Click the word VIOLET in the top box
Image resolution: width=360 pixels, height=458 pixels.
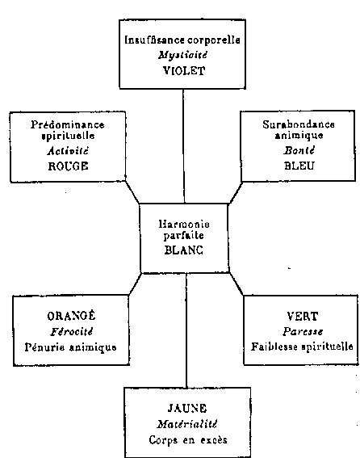(x=184, y=71)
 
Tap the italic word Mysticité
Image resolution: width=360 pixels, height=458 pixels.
(x=182, y=55)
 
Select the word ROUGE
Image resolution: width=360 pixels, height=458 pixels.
(x=68, y=166)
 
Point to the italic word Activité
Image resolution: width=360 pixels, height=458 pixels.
(x=68, y=151)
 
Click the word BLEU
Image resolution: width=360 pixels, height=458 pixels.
(x=299, y=166)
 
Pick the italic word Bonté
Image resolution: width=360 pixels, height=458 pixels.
(x=299, y=150)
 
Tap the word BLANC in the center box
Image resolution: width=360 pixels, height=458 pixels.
(x=184, y=250)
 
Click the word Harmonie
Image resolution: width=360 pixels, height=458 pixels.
(x=184, y=224)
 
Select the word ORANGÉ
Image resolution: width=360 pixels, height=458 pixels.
(x=71, y=316)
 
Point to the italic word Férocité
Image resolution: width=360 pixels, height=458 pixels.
(x=72, y=332)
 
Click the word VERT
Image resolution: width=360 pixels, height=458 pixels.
(x=302, y=317)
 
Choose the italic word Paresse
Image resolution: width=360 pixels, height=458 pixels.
(x=303, y=332)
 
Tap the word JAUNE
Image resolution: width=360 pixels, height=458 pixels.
(x=187, y=408)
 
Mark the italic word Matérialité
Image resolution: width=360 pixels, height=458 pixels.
(x=187, y=424)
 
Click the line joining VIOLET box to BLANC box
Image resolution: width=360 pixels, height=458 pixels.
(x=184, y=146)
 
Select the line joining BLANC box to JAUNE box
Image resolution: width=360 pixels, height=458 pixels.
(x=186, y=330)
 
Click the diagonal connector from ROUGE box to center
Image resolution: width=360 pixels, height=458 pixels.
(x=132, y=192)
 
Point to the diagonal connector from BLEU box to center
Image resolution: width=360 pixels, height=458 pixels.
(x=236, y=192)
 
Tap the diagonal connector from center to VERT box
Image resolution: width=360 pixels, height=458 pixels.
(x=237, y=284)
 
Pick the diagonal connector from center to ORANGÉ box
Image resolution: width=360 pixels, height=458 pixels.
(x=135, y=284)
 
